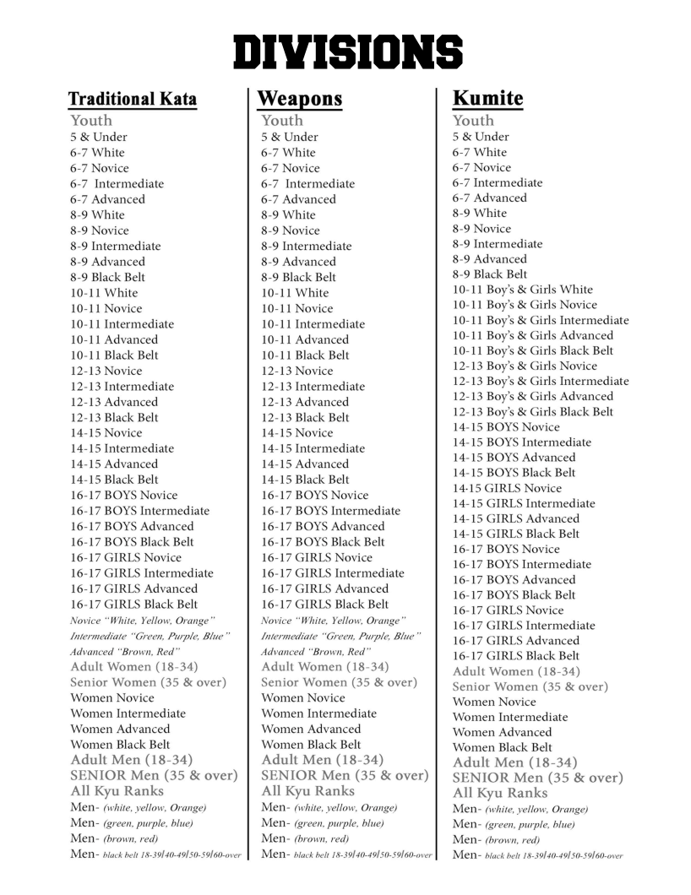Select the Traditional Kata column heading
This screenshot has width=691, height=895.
pos(133,99)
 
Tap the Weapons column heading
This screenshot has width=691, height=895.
pos(300,99)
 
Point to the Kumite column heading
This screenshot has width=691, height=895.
pos(487,98)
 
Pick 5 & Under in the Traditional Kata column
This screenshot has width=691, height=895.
pos(99,137)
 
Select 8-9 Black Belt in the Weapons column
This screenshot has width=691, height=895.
pos(298,277)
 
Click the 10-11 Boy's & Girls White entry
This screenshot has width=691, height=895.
pos(522,290)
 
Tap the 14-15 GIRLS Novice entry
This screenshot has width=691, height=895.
pos(507,488)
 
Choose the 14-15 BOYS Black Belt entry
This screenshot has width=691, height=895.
pos(514,473)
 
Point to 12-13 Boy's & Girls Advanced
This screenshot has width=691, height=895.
pos(532,396)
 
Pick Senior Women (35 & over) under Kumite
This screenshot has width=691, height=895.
pos(530,686)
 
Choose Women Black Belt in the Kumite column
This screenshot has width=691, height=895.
pos(502,747)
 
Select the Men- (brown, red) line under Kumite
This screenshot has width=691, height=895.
pos(496,840)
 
